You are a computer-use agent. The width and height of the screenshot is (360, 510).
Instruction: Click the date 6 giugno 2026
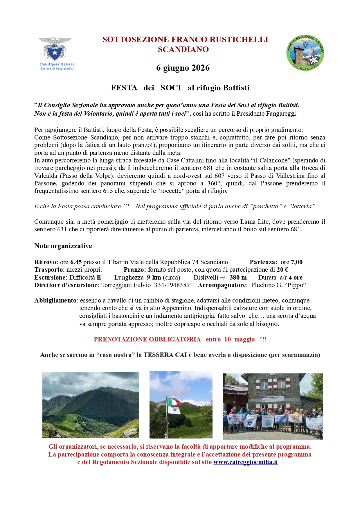(x=183, y=68)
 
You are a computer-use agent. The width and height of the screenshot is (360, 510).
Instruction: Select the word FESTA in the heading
(x=124, y=88)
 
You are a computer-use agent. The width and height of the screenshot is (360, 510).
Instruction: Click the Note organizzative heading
(x=63, y=246)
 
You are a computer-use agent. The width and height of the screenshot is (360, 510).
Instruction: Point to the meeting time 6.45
(x=76, y=262)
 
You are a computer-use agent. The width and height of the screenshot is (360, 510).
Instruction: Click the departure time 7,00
(x=297, y=262)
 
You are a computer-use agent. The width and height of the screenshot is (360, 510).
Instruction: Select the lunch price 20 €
(x=282, y=270)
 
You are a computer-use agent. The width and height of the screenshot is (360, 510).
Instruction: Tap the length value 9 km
(x=154, y=278)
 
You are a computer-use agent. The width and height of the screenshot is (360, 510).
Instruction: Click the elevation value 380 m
(x=238, y=278)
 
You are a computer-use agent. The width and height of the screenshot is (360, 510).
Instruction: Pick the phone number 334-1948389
(x=172, y=285)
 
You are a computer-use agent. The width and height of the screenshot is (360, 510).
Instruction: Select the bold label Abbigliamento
(x=55, y=300)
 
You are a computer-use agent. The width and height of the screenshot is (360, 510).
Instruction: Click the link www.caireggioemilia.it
(x=246, y=462)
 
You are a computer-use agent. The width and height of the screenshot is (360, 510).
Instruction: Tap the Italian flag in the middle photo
(x=174, y=402)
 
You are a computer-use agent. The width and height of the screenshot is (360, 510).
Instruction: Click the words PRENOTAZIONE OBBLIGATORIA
(x=147, y=339)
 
